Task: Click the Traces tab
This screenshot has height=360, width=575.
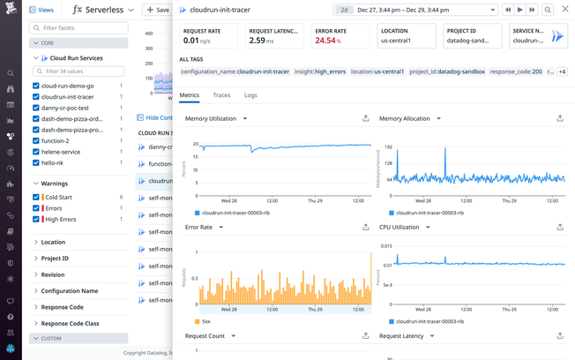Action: tap(221, 94)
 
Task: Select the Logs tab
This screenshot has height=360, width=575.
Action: tap(250, 94)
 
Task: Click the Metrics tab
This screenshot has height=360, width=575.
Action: tap(189, 94)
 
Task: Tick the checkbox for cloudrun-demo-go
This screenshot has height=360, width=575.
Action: tap(36, 86)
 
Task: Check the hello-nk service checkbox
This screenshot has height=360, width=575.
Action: tap(36, 162)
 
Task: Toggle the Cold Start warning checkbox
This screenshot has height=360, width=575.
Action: tap(36, 197)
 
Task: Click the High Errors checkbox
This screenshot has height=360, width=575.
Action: tap(36, 219)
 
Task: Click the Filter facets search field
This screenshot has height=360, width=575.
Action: tap(79, 28)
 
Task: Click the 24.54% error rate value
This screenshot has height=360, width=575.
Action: tap(326, 41)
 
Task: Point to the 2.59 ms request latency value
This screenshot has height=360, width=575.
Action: tap(262, 41)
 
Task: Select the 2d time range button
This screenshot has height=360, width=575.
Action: tap(345, 10)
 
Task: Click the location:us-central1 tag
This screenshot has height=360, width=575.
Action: tap(377, 71)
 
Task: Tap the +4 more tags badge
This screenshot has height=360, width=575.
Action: tap(562, 71)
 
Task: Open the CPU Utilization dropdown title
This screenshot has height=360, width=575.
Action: tap(404, 227)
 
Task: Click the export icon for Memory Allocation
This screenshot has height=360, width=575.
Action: tap(560, 118)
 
